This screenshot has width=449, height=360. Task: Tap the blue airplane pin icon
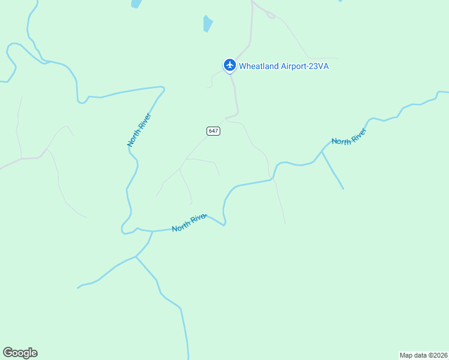(229, 65)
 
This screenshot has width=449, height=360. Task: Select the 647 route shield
(213, 131)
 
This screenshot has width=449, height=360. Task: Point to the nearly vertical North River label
(139, 130)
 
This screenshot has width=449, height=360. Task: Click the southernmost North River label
(189, 223)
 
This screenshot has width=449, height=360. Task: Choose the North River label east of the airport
(349, 137)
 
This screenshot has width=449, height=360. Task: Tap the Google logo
(20, 353)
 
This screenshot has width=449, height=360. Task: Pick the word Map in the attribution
(407, 355)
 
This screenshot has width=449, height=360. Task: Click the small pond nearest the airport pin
(208, 24)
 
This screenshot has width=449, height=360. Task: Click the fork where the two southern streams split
(136, 257)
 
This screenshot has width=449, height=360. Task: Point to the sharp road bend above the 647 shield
(236, 113)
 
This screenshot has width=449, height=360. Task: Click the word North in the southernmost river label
(181, 227)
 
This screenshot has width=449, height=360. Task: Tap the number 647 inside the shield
(213, 131)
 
